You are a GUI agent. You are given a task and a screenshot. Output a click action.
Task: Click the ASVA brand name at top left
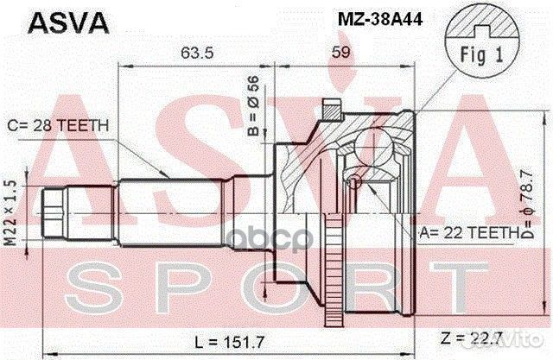[58, 22]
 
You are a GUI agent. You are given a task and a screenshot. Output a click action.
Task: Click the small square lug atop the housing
[329, 111]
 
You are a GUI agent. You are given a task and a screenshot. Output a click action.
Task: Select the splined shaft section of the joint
[173, 207]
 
